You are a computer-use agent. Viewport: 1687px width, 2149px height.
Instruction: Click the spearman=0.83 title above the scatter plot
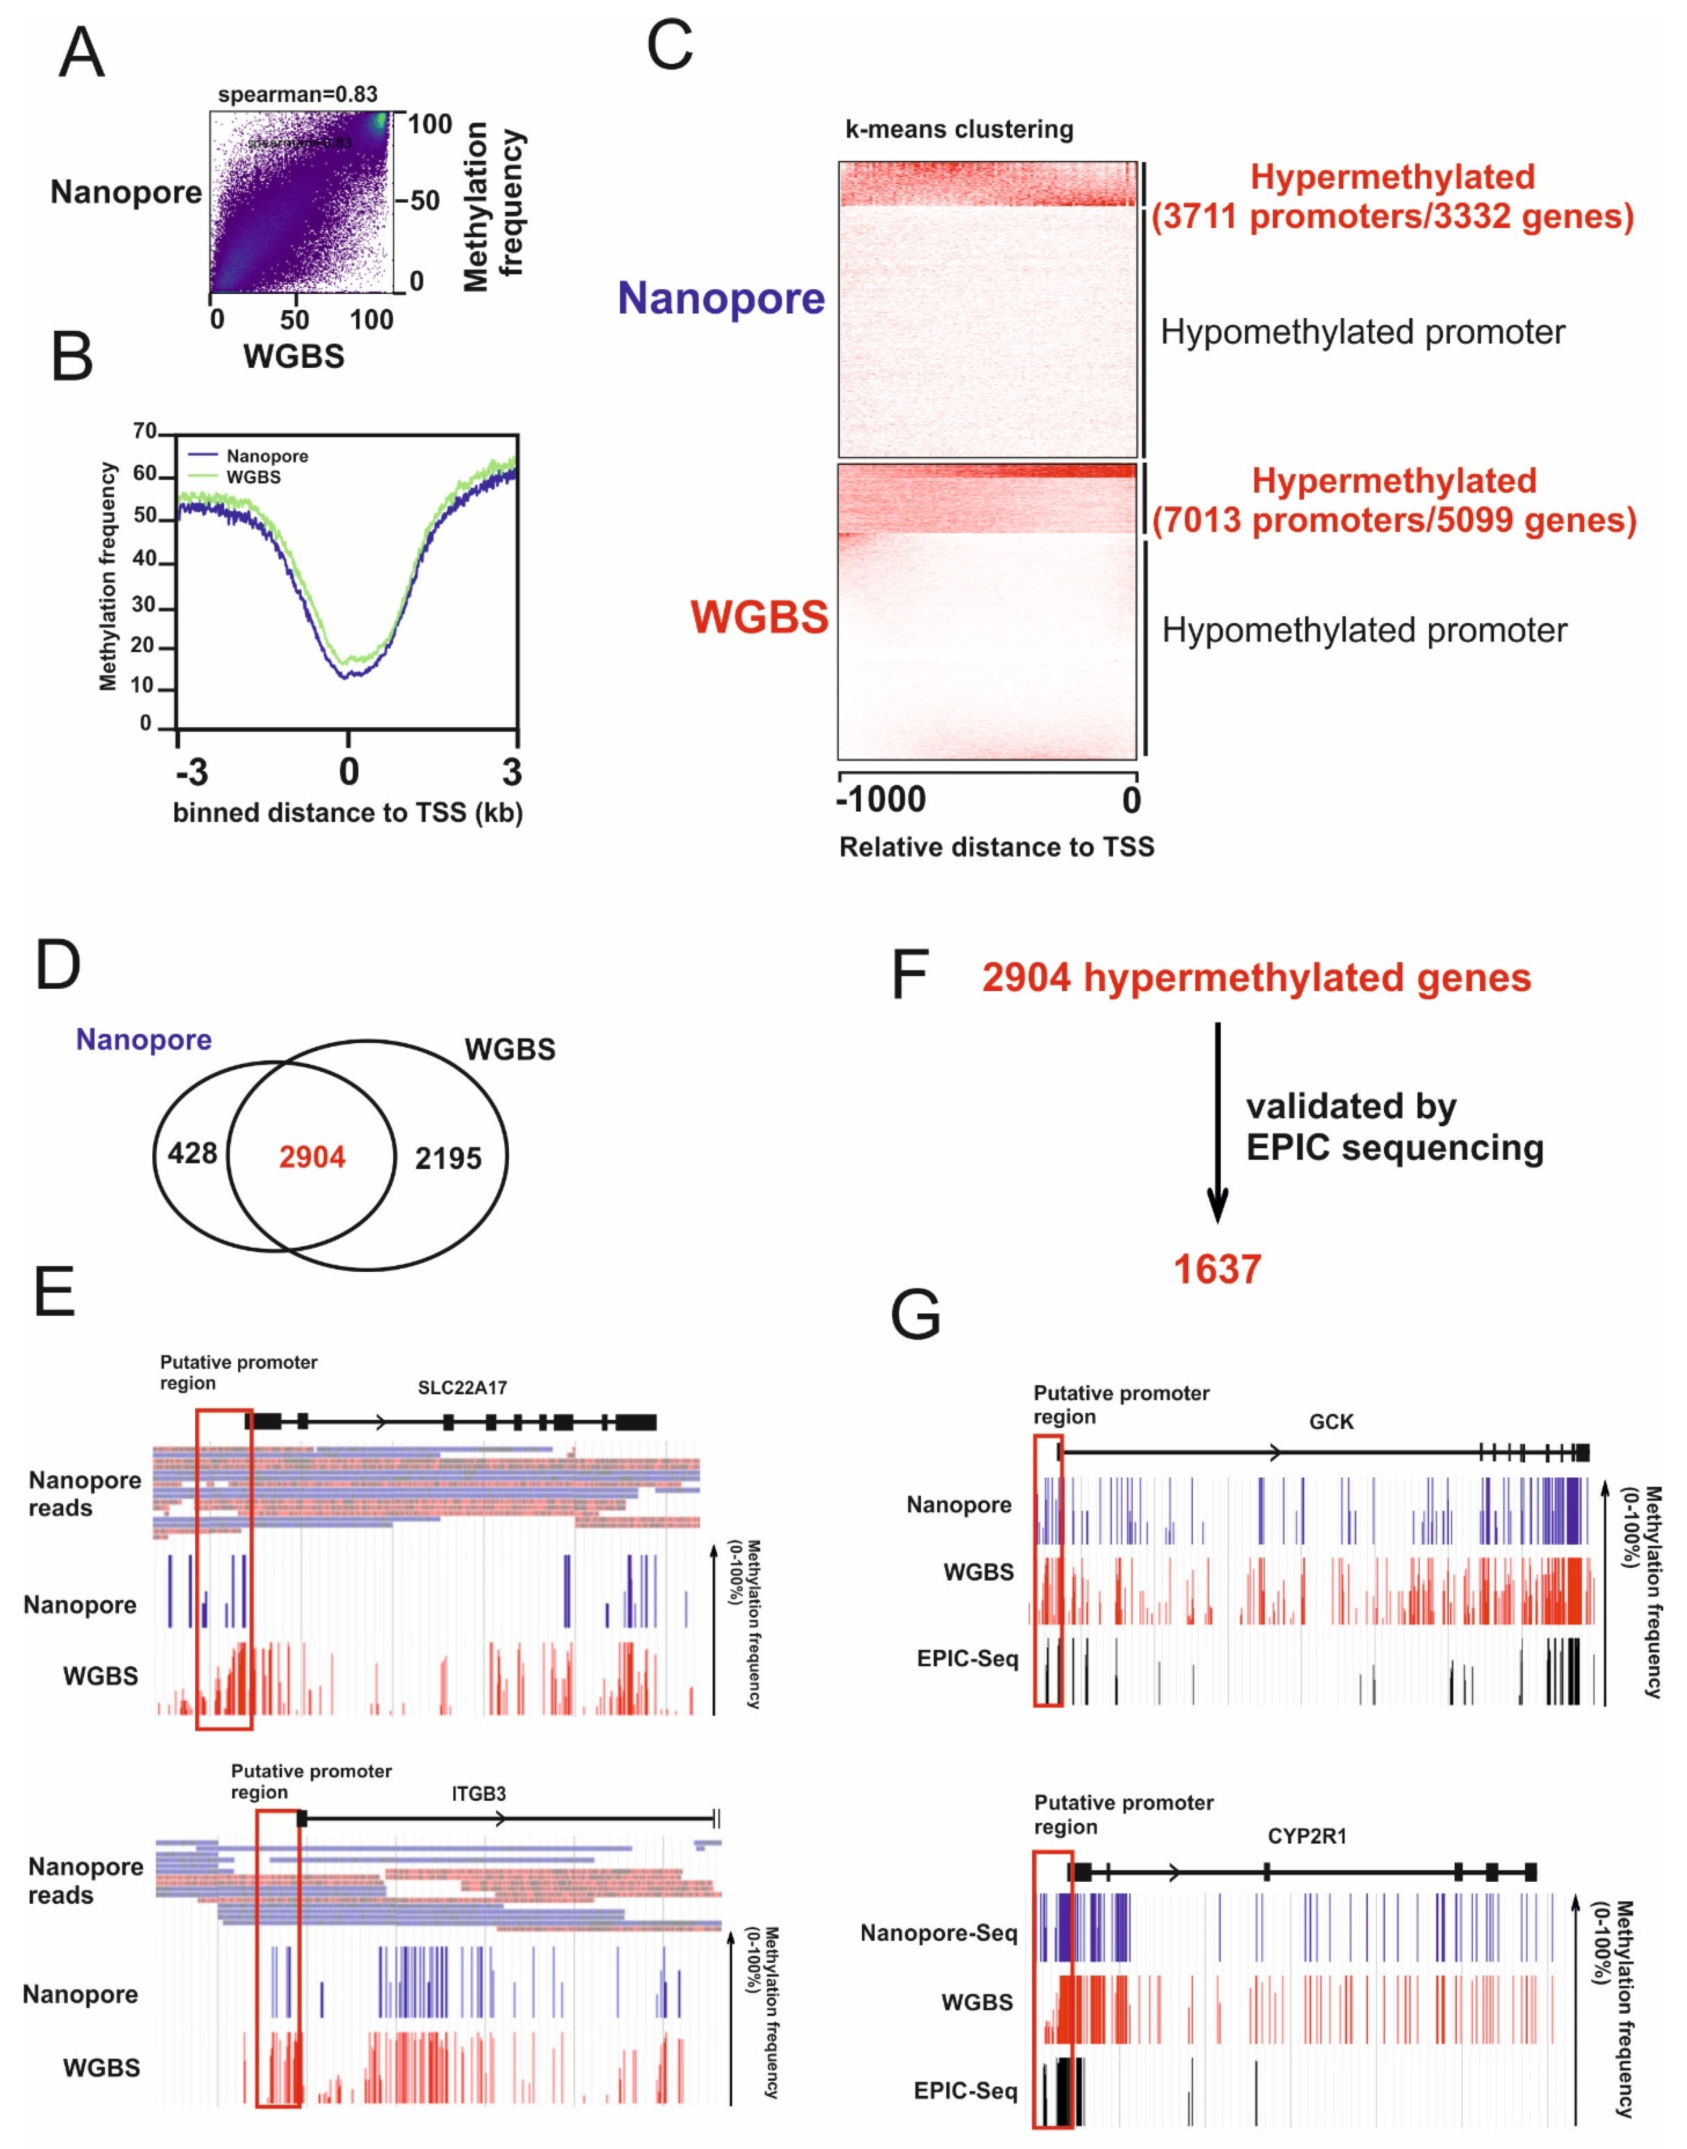click(298, 95)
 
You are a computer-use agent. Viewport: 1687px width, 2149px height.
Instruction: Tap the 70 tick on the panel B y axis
click(145, 432)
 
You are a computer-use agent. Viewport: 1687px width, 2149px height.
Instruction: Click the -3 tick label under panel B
click(191, 771)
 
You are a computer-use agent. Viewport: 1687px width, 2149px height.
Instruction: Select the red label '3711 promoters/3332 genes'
click(1393, 216)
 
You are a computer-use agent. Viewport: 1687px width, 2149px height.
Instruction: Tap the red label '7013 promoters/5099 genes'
click(1394, 520)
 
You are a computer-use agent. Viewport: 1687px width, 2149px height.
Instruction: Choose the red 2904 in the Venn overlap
click(312, 1157)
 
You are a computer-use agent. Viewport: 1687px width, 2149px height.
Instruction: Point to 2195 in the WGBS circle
click(448, 1159)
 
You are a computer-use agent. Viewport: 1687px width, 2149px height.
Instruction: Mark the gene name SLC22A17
click(462, 1388)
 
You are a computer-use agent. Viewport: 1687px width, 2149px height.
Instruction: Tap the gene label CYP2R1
click(1307, 1836)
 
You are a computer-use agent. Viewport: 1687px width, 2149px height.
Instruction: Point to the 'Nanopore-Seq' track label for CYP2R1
click(938, 1933)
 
